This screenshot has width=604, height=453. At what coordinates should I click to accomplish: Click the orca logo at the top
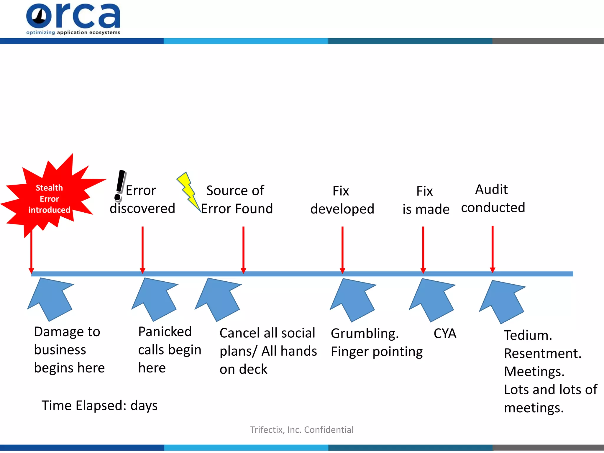(73, 16)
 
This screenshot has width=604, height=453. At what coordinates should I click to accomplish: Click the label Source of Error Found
(236, 200)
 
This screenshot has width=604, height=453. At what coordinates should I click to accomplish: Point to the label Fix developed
(342, 200)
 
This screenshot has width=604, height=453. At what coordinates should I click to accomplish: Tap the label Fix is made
(426, 200)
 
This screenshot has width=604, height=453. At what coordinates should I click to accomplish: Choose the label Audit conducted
(493, 198)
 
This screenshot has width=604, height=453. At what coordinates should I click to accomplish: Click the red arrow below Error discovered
(142, 249)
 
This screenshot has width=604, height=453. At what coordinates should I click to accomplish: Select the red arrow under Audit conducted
(493, 249)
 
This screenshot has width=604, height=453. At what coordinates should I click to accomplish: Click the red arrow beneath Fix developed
(342, 249)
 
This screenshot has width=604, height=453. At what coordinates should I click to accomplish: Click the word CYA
(445, 334)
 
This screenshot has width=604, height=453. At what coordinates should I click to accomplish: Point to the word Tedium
(528, 335)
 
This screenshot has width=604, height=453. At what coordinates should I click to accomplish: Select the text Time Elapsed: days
(99, 406)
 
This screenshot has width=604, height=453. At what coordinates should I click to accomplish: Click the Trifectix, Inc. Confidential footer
(302, 430)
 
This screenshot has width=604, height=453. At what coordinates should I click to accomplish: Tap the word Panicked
(165, 332)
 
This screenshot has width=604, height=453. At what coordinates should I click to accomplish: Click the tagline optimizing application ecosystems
(73, 32)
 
